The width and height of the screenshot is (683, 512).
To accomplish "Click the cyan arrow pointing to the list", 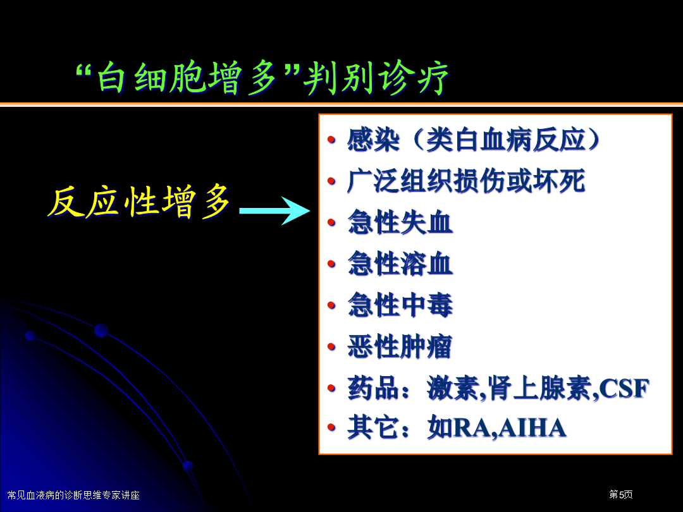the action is [x=274, y=210].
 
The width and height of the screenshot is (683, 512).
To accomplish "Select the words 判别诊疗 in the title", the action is [x=376, y=78].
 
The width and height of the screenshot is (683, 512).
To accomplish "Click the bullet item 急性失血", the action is [x=400, y=222].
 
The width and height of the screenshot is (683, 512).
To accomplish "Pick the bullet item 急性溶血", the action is [x=400, y=264].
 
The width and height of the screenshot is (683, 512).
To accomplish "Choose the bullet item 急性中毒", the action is [x=400, y=305].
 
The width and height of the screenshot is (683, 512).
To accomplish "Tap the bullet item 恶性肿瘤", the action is [x=400, y=346].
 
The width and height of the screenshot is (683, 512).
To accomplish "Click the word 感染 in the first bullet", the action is [x=373, y=140].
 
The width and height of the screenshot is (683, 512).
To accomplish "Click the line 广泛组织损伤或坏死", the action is [x=466, y=181].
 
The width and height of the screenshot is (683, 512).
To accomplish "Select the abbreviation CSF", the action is [x=624, y=388].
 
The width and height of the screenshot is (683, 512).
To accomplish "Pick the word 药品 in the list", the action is [x=373, y=387].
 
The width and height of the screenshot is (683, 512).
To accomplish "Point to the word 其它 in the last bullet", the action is [x=373, y=428].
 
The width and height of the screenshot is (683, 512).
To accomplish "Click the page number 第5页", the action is [x=621, y=494].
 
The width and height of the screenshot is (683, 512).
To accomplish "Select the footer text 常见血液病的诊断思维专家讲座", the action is [x=73, y=495].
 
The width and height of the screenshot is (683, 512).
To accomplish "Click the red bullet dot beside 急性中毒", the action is [x=331, y=305].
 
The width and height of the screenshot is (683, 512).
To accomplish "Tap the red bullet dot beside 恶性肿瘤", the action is [x=331, y=347].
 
